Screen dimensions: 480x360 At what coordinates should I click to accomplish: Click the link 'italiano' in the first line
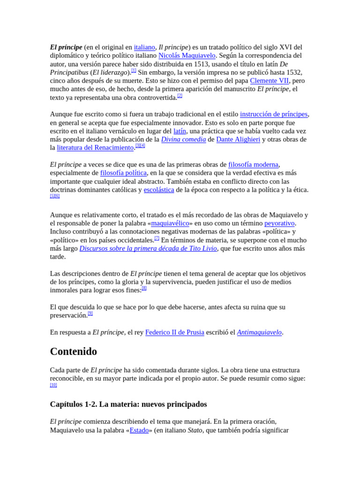[144, 47]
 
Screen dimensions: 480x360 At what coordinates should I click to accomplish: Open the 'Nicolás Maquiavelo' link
[187, 56]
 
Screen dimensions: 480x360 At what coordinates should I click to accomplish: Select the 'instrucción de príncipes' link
[274, 114]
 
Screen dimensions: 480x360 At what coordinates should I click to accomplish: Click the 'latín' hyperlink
[180, 131]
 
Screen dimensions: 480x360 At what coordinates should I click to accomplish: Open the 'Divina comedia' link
[183, 140]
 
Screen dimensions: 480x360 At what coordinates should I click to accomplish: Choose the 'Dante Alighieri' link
[238, 140]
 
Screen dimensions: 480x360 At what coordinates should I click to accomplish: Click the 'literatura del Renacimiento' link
[95, 148]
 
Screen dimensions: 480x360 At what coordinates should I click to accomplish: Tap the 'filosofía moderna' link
[253, 165]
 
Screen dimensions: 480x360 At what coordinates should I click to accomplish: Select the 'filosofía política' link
[123, 173]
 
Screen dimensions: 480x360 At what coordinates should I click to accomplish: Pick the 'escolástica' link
[159, 190]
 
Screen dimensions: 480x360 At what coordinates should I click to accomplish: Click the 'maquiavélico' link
[170, 223]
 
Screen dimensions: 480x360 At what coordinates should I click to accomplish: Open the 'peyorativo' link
[279, 223]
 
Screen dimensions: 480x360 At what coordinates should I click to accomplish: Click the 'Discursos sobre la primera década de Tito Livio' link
[148, 248]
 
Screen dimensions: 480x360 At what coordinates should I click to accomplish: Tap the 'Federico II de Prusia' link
[174, 332]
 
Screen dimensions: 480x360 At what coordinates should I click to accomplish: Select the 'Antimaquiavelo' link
[259, 332]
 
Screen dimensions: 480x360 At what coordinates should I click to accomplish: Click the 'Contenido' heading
[74, 352]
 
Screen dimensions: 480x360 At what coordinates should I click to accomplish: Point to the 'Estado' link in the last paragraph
[139, 430]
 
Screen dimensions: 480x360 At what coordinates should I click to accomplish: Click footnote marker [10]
[53, 385]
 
